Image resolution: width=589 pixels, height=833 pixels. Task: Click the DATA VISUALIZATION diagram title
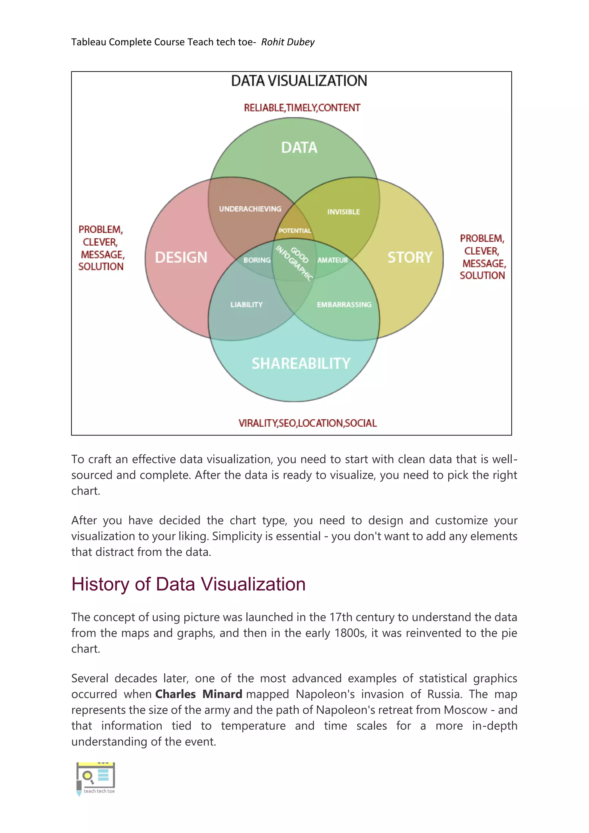pos(299,81)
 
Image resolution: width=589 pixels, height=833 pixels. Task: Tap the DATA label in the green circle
pos(299,148)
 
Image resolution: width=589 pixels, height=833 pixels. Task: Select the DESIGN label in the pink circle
pos(181,257)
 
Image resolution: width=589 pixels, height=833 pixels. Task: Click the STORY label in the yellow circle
pos(410,257)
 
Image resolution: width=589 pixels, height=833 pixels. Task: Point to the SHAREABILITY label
pos(301,363)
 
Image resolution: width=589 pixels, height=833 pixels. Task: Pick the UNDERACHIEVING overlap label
pos(250,209)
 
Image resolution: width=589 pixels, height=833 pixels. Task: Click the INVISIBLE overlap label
pos(343,212)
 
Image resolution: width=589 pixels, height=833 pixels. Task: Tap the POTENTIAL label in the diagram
pos(295,231)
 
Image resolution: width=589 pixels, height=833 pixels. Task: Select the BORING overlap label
pos(257,260)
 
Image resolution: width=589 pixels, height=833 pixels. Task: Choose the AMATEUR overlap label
pos(332,260)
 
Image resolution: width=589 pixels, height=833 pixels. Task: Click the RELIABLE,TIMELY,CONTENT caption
pos(302,108)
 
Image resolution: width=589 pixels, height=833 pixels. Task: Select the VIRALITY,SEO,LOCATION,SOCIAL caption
pos(307,423)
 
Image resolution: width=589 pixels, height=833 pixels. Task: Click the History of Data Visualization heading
pos(188,584)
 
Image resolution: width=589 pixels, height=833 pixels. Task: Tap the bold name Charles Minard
pos(198,694)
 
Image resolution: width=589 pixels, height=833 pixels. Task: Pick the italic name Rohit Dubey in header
pos(288,42)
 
